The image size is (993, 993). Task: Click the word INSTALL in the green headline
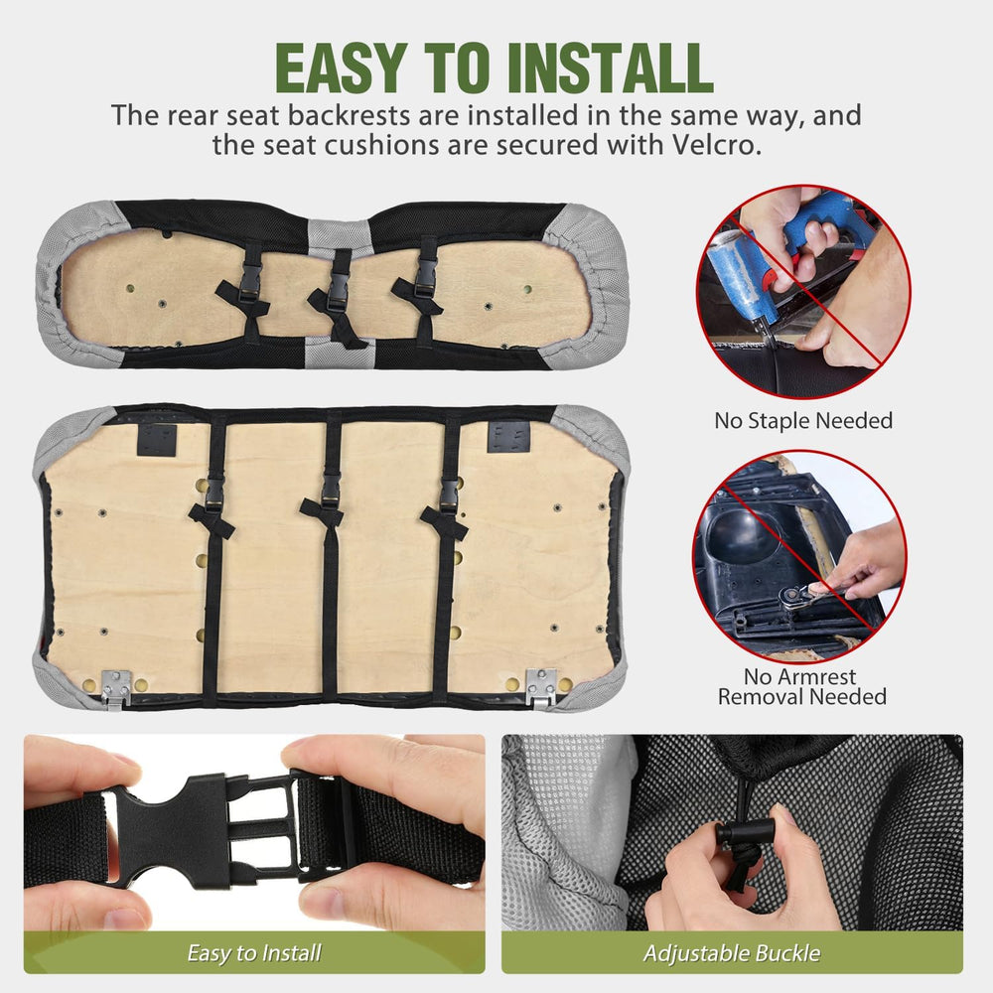(611, 69)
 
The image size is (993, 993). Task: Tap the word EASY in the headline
(341, 69)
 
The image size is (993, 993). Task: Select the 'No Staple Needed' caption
(803, 420)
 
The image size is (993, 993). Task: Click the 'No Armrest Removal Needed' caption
(801, 686)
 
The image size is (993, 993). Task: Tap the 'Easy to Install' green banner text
(254, 953)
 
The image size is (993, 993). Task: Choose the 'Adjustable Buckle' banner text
(732, 953)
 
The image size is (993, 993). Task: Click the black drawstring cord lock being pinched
(745, 831)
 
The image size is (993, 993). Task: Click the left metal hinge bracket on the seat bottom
(116, 689)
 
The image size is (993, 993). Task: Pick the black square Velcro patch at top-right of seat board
(508, 436)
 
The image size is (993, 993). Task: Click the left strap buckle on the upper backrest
(251, 279)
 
